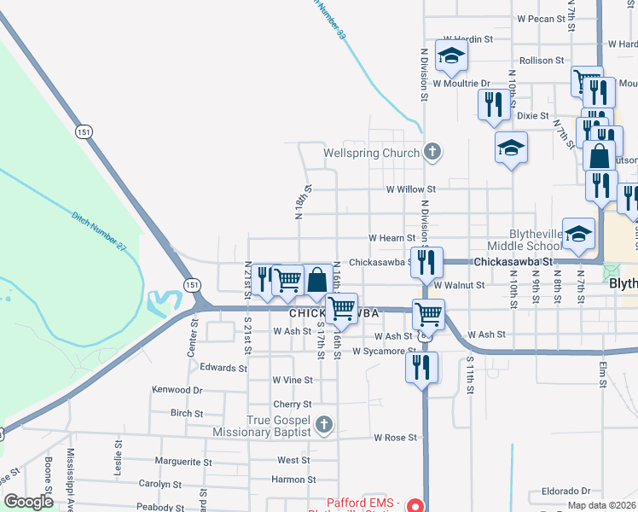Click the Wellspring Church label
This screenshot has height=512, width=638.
coord(372,154)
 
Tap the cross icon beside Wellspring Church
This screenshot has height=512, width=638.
coord(432,153)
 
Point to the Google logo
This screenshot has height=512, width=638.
coord(29,502)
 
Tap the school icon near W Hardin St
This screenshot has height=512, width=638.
coord(451,57)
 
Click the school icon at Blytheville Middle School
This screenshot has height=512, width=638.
coord(579,235)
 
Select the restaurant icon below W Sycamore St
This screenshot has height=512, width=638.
coord(421,367)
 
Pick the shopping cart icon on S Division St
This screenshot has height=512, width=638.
coord(428,314)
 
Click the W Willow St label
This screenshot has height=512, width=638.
coord(410,189)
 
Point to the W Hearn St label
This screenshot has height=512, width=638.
coord(391,237)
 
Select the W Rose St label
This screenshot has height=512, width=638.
coord(397,438)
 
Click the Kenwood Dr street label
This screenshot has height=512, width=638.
coord(177,389)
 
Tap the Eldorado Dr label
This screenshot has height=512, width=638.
coord(560,492)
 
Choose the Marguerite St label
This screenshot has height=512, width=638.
coord(183,462)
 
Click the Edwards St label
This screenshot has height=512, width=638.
coord(223,368)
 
